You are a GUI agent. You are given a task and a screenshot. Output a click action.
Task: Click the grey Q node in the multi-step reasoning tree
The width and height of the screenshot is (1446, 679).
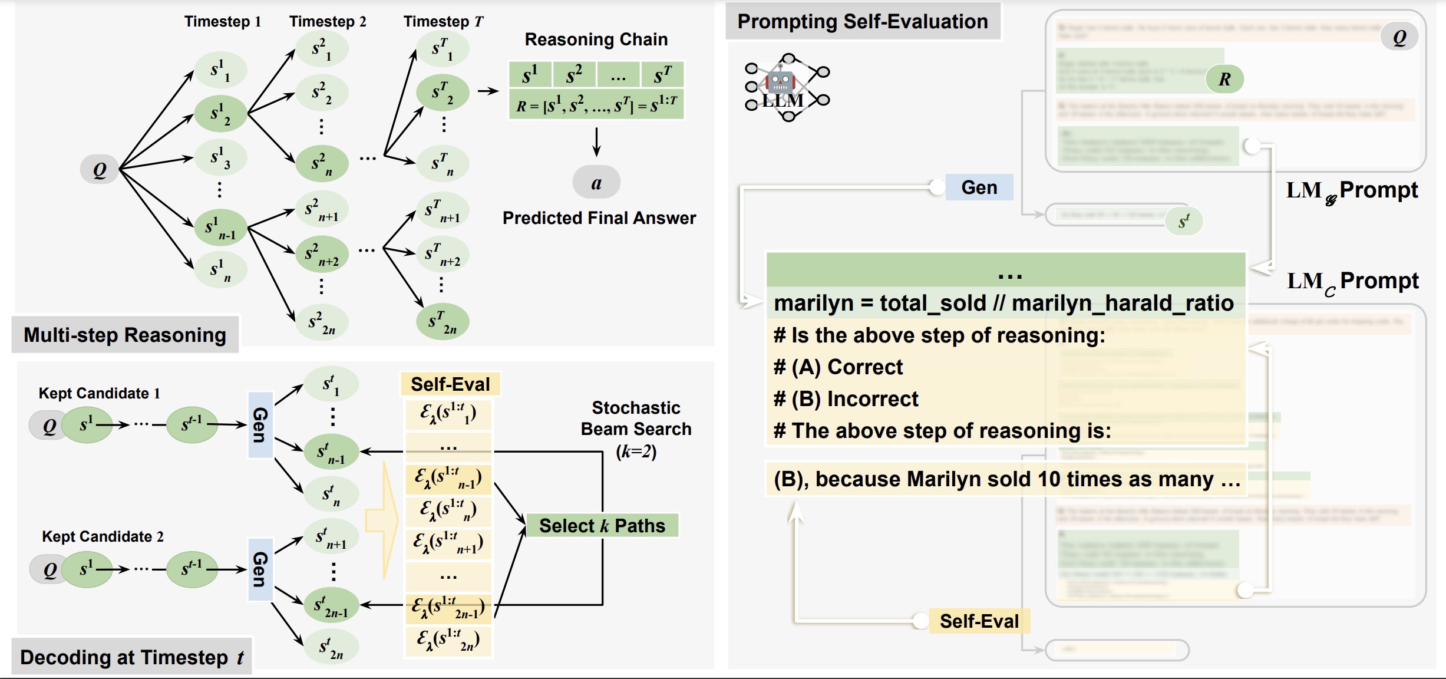[100, 170]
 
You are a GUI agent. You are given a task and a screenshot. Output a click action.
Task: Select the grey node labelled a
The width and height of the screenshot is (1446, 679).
[596, 183]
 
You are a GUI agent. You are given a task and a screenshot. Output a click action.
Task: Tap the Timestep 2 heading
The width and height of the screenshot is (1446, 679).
[328, 22]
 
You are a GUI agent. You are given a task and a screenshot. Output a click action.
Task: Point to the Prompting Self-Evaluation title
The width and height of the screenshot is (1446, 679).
[863, 22]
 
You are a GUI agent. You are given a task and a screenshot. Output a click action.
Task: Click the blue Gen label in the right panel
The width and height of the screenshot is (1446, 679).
[979, 187]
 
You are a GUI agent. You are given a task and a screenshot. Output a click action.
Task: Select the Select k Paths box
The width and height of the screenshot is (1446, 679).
[602, 525]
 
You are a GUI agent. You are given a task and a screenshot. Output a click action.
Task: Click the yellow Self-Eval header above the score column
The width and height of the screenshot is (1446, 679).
[450, 384]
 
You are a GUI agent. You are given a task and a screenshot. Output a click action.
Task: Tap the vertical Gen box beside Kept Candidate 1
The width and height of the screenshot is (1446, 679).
[260, 424]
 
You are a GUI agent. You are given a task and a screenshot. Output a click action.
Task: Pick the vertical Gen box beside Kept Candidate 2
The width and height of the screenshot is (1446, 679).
[260, 569]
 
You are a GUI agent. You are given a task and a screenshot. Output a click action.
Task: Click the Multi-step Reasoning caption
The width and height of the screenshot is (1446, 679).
[125, 335]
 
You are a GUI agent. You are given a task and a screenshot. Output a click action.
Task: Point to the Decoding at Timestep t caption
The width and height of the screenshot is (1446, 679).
[132, 657]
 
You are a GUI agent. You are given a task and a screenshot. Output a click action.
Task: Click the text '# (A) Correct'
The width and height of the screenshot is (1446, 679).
[838, 367]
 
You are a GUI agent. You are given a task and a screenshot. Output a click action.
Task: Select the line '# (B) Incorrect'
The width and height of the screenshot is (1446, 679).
[846, 399]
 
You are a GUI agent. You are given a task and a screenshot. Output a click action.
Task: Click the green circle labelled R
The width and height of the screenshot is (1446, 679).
[1224, 79]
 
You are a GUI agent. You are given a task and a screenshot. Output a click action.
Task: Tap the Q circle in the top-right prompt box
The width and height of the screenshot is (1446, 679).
[1399, 38]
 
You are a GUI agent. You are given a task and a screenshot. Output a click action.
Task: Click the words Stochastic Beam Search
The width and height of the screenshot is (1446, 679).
[636, 418]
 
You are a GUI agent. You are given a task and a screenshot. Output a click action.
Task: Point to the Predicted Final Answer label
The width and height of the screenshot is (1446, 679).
[599, 218]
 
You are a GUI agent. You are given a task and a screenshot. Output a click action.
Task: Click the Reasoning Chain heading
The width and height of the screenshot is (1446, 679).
[596, 39]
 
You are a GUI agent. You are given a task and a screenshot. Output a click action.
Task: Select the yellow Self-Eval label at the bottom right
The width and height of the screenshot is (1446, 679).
[979, 621]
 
